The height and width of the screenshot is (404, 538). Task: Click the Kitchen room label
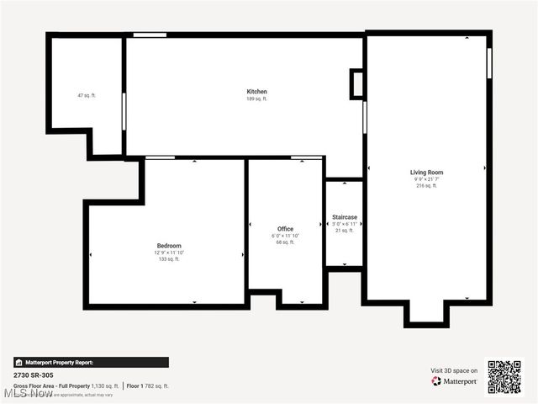[x=256, y=91]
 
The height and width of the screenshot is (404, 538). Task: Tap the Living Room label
[x=426, y=173]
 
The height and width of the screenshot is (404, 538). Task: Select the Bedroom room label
[x=169, y=246]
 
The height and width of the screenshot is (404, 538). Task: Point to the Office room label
[x=286, y=229]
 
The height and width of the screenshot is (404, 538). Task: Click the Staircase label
[x=345, y=217]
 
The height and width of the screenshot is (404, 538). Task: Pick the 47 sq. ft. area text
[x=87, y=96]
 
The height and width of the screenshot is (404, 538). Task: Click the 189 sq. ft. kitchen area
[x=256, y=99]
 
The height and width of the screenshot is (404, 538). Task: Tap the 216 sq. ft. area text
[x=426, y=186]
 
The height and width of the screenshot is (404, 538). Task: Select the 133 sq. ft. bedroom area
[x=169, y=259]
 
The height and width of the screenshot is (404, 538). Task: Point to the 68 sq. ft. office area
[x=286, y=242]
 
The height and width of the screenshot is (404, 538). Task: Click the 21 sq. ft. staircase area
[x=345, y=231]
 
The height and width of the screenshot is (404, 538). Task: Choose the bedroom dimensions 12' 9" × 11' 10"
[x=169, y=252]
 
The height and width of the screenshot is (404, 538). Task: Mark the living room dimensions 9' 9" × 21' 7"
[x=426, y=179]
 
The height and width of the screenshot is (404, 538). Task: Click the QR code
[x=504, y=377]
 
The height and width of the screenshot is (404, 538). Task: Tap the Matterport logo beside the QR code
[x=455, y=381]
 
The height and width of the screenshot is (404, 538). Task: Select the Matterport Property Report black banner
[x=91, y=363]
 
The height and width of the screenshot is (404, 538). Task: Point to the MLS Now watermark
[x=27, y=393]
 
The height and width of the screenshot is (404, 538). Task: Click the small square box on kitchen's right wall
[x=357, y=83]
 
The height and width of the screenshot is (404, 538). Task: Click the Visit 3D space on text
[x=454, y=370]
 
